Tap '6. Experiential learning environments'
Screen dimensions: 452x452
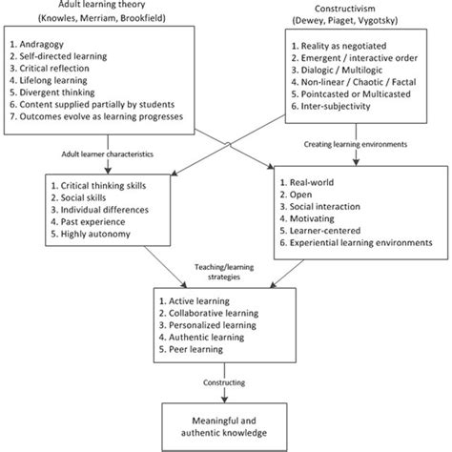click(360, 244)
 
